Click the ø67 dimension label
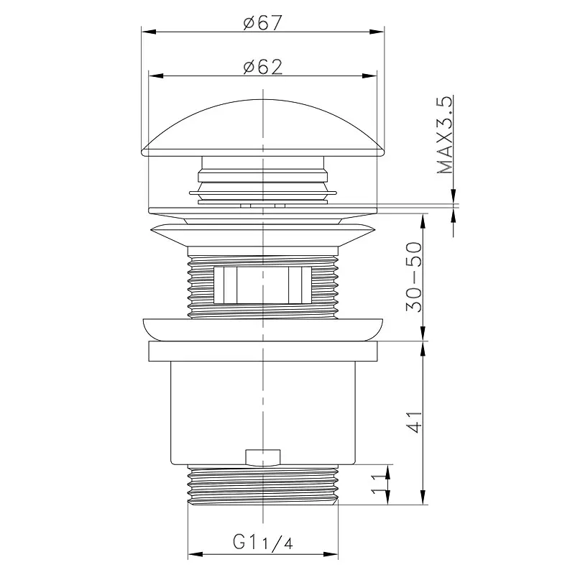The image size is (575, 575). point(262,23)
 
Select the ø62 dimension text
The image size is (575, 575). point(263,67)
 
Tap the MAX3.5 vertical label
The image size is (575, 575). point(445,134)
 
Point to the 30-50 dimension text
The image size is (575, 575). point(414,277)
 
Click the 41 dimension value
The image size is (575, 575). point(415,422)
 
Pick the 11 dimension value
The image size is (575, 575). point(379,484)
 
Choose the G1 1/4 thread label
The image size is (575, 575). point(262,542)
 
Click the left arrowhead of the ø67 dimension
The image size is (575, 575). point(149,32)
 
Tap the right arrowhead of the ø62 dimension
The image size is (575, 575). point(369,76)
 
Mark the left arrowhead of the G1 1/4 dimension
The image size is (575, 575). point(195,554)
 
